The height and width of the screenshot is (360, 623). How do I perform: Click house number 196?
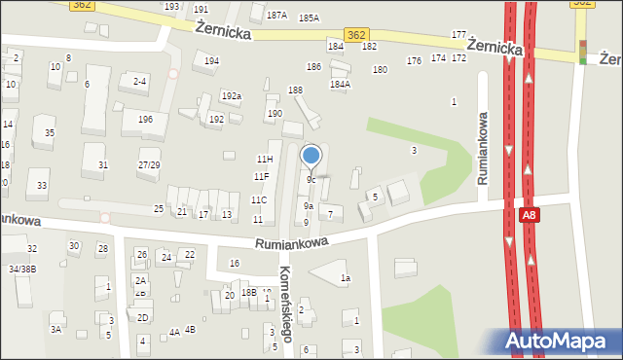click(x=145, y=119)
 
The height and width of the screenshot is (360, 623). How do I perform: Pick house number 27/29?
click(x=149, y=165)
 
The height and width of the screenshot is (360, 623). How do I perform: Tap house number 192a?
click(x=231, y=96)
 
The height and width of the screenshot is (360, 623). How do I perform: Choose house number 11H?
click(x=264, y=159)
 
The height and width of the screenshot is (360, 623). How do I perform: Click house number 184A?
click(x=340, y=84)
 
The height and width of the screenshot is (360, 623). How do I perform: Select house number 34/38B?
click(x=21, y=269)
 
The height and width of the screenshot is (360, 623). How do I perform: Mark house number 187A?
click(x=277, y=16)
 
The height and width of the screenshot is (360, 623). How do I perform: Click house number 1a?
click(x=345, y=278)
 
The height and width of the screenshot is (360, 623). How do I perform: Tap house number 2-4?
click(x=140, y=81)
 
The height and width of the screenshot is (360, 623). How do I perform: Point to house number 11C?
click(x=258, y=199)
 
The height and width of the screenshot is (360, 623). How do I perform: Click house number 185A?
click(x=309, y=18)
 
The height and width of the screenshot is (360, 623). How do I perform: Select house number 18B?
click(x=248, y=292)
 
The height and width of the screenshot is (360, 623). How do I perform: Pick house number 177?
click(x=458, y=34)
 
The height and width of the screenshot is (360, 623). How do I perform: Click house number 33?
click(x=42, y=185)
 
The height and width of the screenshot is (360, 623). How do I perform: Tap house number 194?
click(x=210, y=60)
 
